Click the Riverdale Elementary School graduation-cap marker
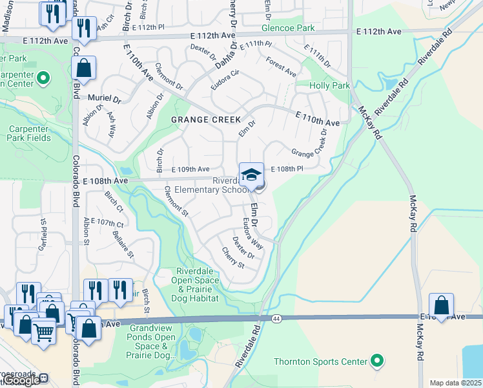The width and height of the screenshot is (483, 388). [252, 174]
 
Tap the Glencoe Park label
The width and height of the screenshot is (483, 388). [288, 28]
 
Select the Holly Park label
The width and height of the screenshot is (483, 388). [329, 85]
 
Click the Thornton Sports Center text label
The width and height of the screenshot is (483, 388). [320, 361]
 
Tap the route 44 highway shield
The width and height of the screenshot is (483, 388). [276, 319]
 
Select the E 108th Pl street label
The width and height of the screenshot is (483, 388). [287, 169]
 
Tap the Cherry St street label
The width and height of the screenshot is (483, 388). [232, 258]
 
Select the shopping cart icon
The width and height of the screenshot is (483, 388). [43, 331]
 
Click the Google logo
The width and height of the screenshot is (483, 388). [23, 381]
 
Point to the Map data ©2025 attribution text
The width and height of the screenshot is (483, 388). [456, 383]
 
